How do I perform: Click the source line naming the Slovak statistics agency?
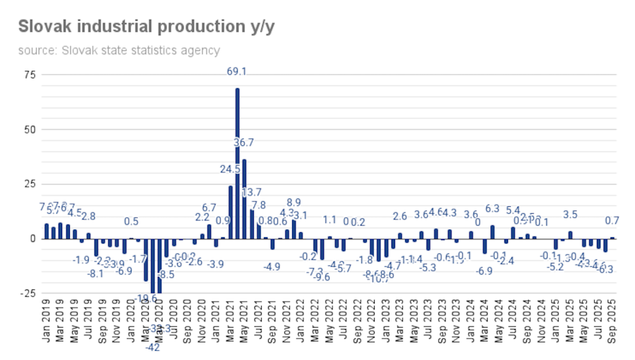tap(119, 50)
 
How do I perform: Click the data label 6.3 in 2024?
tap(492, 209)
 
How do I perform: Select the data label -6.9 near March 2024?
tap(485, 271)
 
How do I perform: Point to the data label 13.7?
tap(252, 193)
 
